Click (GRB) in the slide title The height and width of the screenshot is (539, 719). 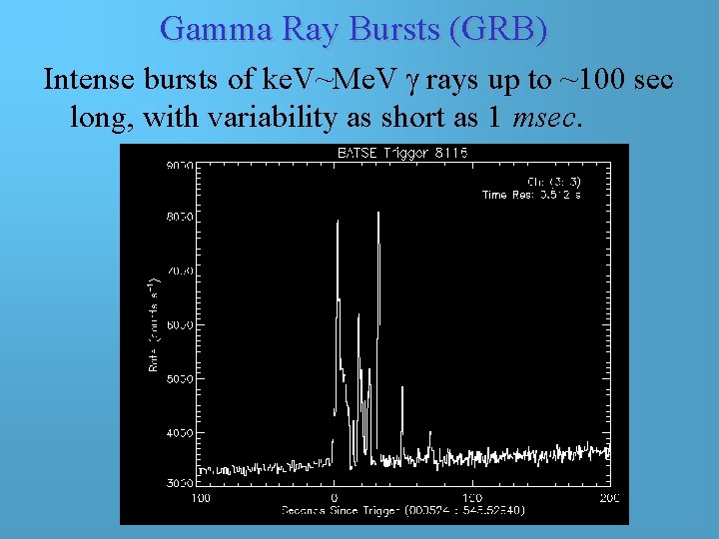tap(498, 29)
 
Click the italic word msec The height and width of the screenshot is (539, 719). tap(543, 118)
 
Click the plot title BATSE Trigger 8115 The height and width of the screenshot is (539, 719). tap(399, 154)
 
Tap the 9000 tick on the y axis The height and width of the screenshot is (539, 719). tap(180, 166)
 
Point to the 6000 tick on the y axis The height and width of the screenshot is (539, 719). tap(180, 324)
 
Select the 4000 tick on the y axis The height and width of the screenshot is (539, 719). tap(180, 433)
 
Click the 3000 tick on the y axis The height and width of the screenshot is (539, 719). tap(180, 483)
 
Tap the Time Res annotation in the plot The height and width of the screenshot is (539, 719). tap(531, 195)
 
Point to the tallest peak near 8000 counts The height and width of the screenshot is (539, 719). tap(379, 216)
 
